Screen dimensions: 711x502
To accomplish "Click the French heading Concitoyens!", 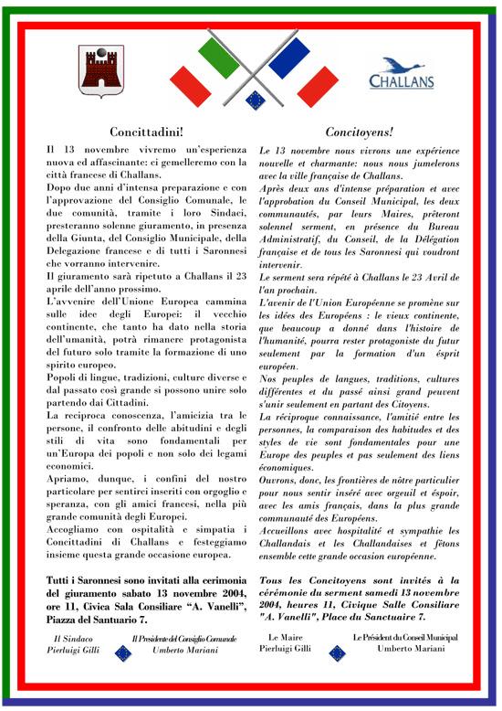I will click(x=359, y=132).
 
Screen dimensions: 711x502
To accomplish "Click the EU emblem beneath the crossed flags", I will click(x=253, y=97).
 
